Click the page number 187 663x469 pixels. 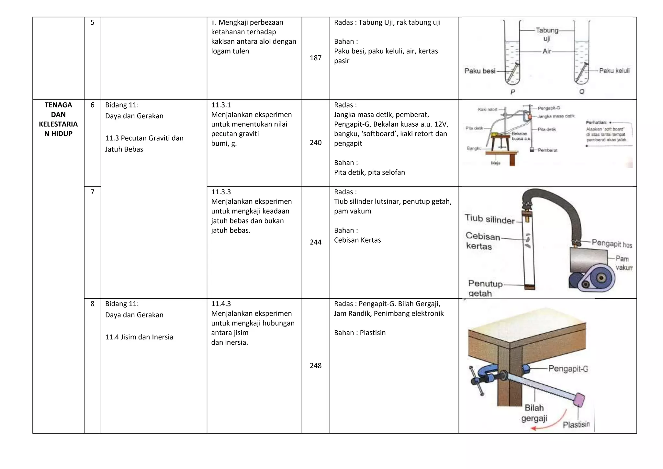coord(315,58)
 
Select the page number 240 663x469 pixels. coord(315,143)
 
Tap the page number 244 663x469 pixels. coord(315,242)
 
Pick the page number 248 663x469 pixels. coord(315,366)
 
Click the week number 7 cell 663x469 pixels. coord(92,192)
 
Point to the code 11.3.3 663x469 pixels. coord(221,192)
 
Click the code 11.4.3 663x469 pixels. coord(221,304)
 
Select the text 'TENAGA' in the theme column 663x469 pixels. coord(58,105)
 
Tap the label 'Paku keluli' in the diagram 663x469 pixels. coord(614,71)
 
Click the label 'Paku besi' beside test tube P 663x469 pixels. coord(479,71)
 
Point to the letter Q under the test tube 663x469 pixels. coord(581,92)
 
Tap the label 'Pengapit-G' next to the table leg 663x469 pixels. coord(568,369)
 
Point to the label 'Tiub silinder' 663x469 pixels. coord(489,219)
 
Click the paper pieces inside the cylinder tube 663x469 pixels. coord(528,240)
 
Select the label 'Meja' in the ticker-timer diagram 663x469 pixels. coord(496,163)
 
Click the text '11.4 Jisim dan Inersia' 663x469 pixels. coord(139,337)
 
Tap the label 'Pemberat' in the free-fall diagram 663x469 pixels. coord(547,150)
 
